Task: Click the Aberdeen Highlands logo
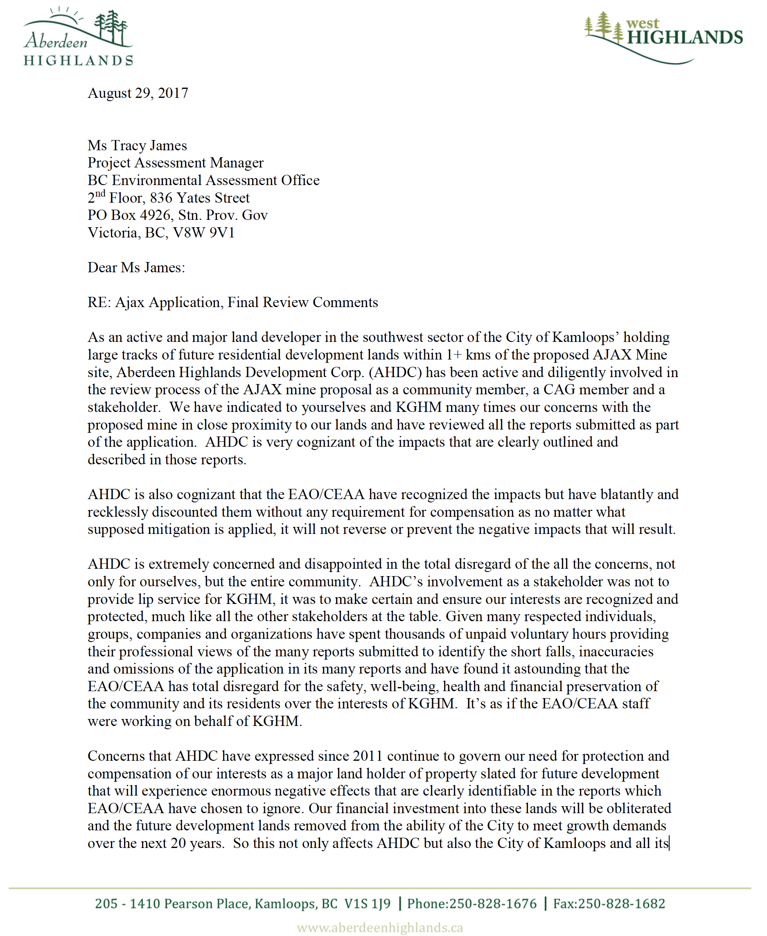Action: click(x=78, y=37)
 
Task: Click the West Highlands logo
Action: click(x=663, y=37)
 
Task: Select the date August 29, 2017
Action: click(x=138, y=93)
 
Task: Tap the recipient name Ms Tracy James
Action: click(x=137, y=145)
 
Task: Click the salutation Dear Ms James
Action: click(x=136, y=267)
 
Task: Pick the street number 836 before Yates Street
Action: click(x=161, y=198)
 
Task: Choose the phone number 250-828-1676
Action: click(x=493, y=904)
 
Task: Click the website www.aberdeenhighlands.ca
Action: click(x=380, y=927)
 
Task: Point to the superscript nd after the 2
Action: click(x=100, y=194)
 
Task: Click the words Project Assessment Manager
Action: click(x=176, y=163)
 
